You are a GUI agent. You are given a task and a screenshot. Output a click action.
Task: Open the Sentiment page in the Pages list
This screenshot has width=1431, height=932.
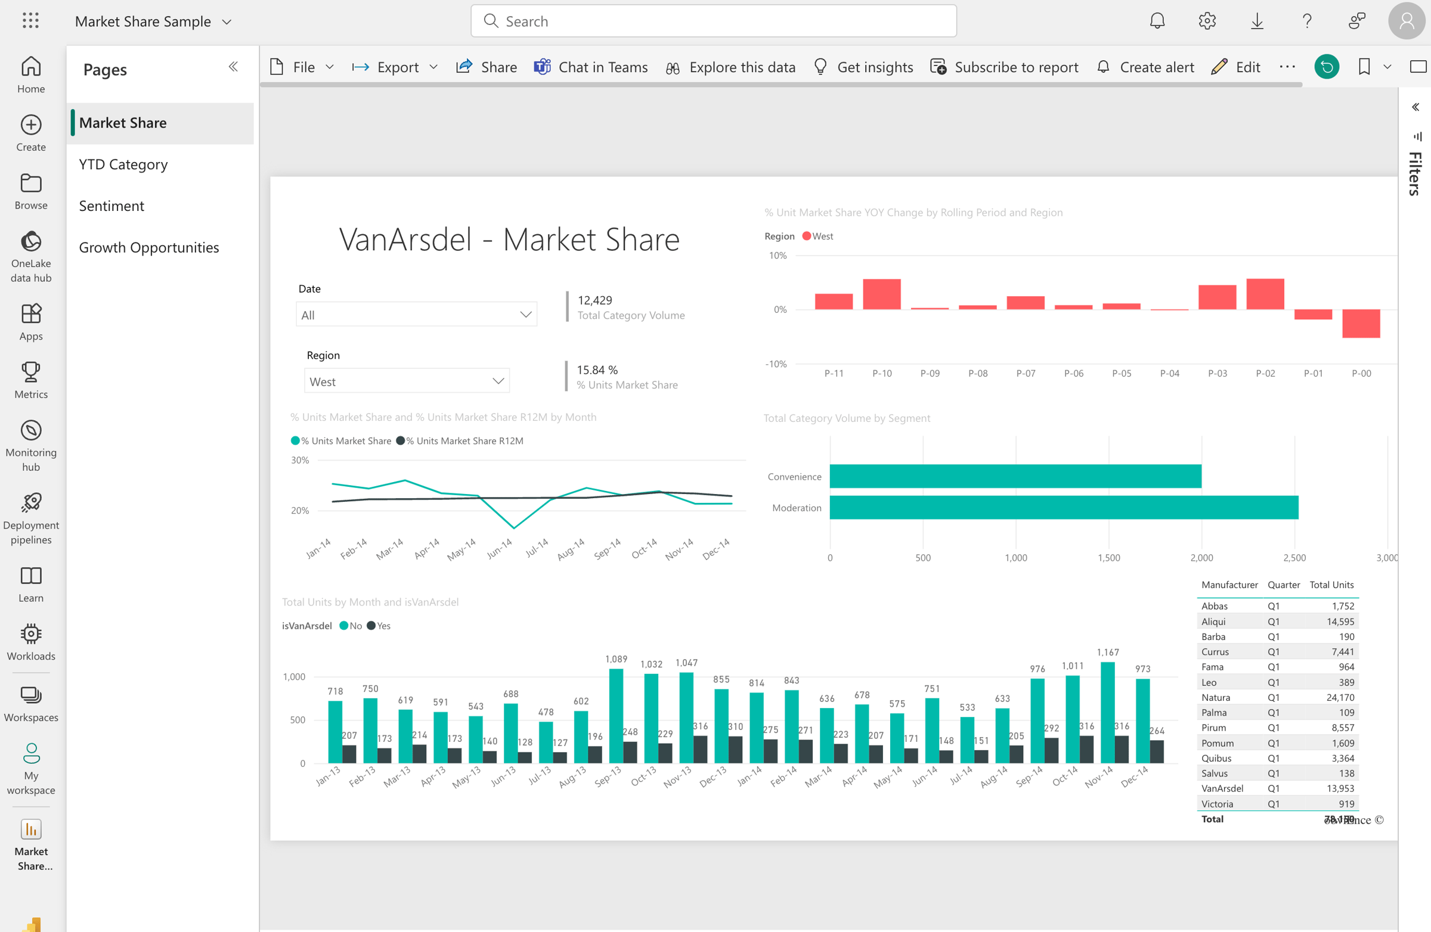pyautogui.click(x=111, y=206)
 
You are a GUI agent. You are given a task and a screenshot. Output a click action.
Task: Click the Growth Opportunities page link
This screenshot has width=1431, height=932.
pyautogui.click(x=148, y=247)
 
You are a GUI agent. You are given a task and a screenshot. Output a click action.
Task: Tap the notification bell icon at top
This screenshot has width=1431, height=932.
pyautogui.click(x=1157, y=21)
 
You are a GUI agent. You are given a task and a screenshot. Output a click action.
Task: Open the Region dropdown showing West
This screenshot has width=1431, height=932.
pyautogui.click(x=407, y=381)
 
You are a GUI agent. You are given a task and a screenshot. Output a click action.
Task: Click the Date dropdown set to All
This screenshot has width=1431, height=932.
pyautogui.click(x=416, y=314)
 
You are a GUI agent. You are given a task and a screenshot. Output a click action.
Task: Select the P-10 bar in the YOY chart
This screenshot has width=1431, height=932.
pyautogui.click(x=881, y=294)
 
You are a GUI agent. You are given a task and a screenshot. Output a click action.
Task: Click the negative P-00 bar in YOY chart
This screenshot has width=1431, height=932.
pyautogui.click(x=1361, y=324)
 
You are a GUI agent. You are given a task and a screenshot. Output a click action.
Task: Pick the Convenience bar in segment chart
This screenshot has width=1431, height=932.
pyautogui.click(x=1015, y=476)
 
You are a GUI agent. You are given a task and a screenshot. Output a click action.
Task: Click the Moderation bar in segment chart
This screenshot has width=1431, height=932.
pyautogui.click(x=1063, y=507)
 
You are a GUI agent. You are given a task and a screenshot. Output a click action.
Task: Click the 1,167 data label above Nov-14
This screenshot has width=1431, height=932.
pyautogui.click(x=1107, y=652)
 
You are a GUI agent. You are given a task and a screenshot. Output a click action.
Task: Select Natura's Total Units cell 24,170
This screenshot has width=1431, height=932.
pyautogui.click(x=1340, y=697)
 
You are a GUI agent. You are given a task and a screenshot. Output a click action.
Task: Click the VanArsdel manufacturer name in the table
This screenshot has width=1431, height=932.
pyautogui.click(x=1222, y=788)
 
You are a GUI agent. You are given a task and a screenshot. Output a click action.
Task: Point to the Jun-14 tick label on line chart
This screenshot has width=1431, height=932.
pyautogui.click(x=499, y=548)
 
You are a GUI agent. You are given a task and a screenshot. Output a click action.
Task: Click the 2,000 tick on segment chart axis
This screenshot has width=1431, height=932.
pyautogui.click(x=1201, y=558)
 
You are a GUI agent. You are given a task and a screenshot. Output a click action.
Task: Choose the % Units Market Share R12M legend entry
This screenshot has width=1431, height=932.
pyautogui.click(x=463, y=440)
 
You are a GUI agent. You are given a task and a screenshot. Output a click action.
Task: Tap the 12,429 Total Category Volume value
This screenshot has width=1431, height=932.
pyautogui.click(x=594, y=300)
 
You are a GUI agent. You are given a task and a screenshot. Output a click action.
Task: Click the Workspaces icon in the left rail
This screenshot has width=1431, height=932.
pyautogui.click(x=30, y=703)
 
